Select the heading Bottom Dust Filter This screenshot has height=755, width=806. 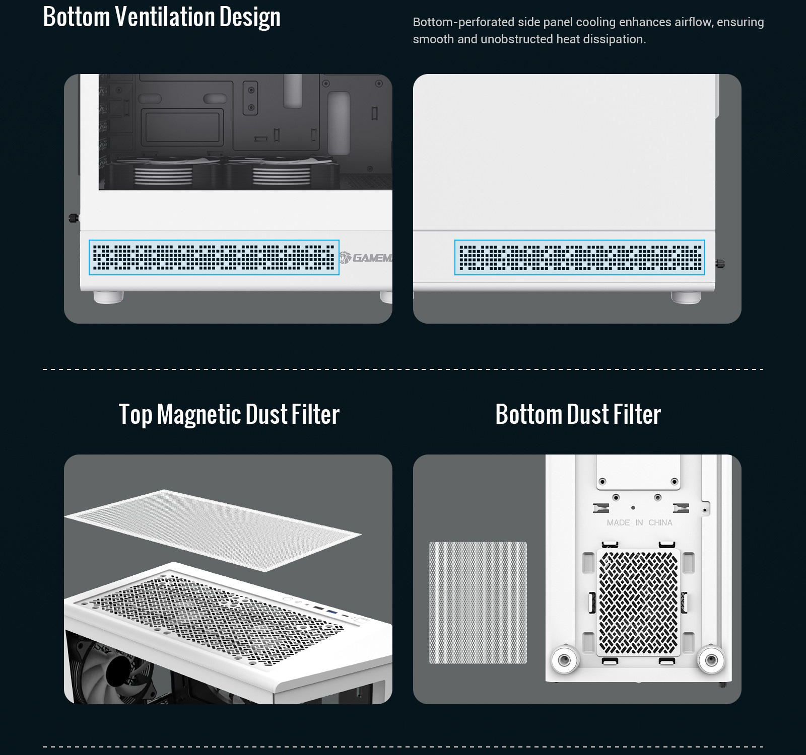(x=578, y=414)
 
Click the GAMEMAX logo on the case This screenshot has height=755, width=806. (x=365, y=258)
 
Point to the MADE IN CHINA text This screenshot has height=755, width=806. (x=639, y=522)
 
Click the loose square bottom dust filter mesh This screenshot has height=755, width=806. (x=478, y=602)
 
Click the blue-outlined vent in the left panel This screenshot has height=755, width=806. (x=214, y=257)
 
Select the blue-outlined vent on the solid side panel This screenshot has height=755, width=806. (x=579, y=257)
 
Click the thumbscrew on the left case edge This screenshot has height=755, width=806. (x=74, y=218)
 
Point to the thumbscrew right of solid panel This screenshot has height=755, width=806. (x=721, y=263)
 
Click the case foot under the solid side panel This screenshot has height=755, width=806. (x=686, y=297)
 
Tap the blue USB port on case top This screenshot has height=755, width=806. (x=331, y=611)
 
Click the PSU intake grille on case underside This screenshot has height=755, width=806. (x=639, y=602)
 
